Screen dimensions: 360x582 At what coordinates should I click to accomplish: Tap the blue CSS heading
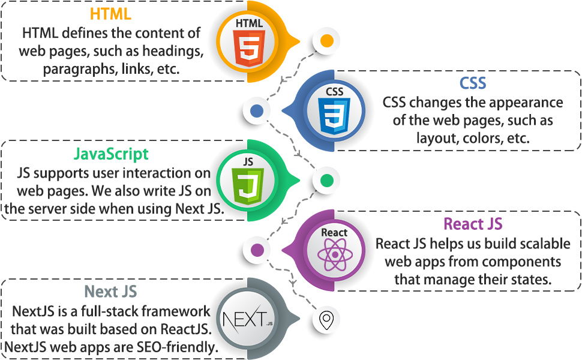[x=473, y=82]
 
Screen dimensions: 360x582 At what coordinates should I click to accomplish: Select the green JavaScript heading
[x=111, y=154]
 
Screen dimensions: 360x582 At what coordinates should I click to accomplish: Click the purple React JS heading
[x=473, y=224]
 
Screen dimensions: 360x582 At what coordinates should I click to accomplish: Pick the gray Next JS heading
[x=110, y=292]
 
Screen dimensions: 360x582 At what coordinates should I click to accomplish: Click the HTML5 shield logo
[x=249, y=50]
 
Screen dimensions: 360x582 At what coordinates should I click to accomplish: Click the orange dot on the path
[x=326, y=41]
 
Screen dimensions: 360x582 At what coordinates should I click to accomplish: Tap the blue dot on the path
[x=256, y=111]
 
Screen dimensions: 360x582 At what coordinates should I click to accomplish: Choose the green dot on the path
[x=326, y=181]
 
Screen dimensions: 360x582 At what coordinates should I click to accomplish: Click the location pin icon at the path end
[x=326, y=320]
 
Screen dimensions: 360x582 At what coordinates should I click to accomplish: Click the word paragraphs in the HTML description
[x=78, y=69]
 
